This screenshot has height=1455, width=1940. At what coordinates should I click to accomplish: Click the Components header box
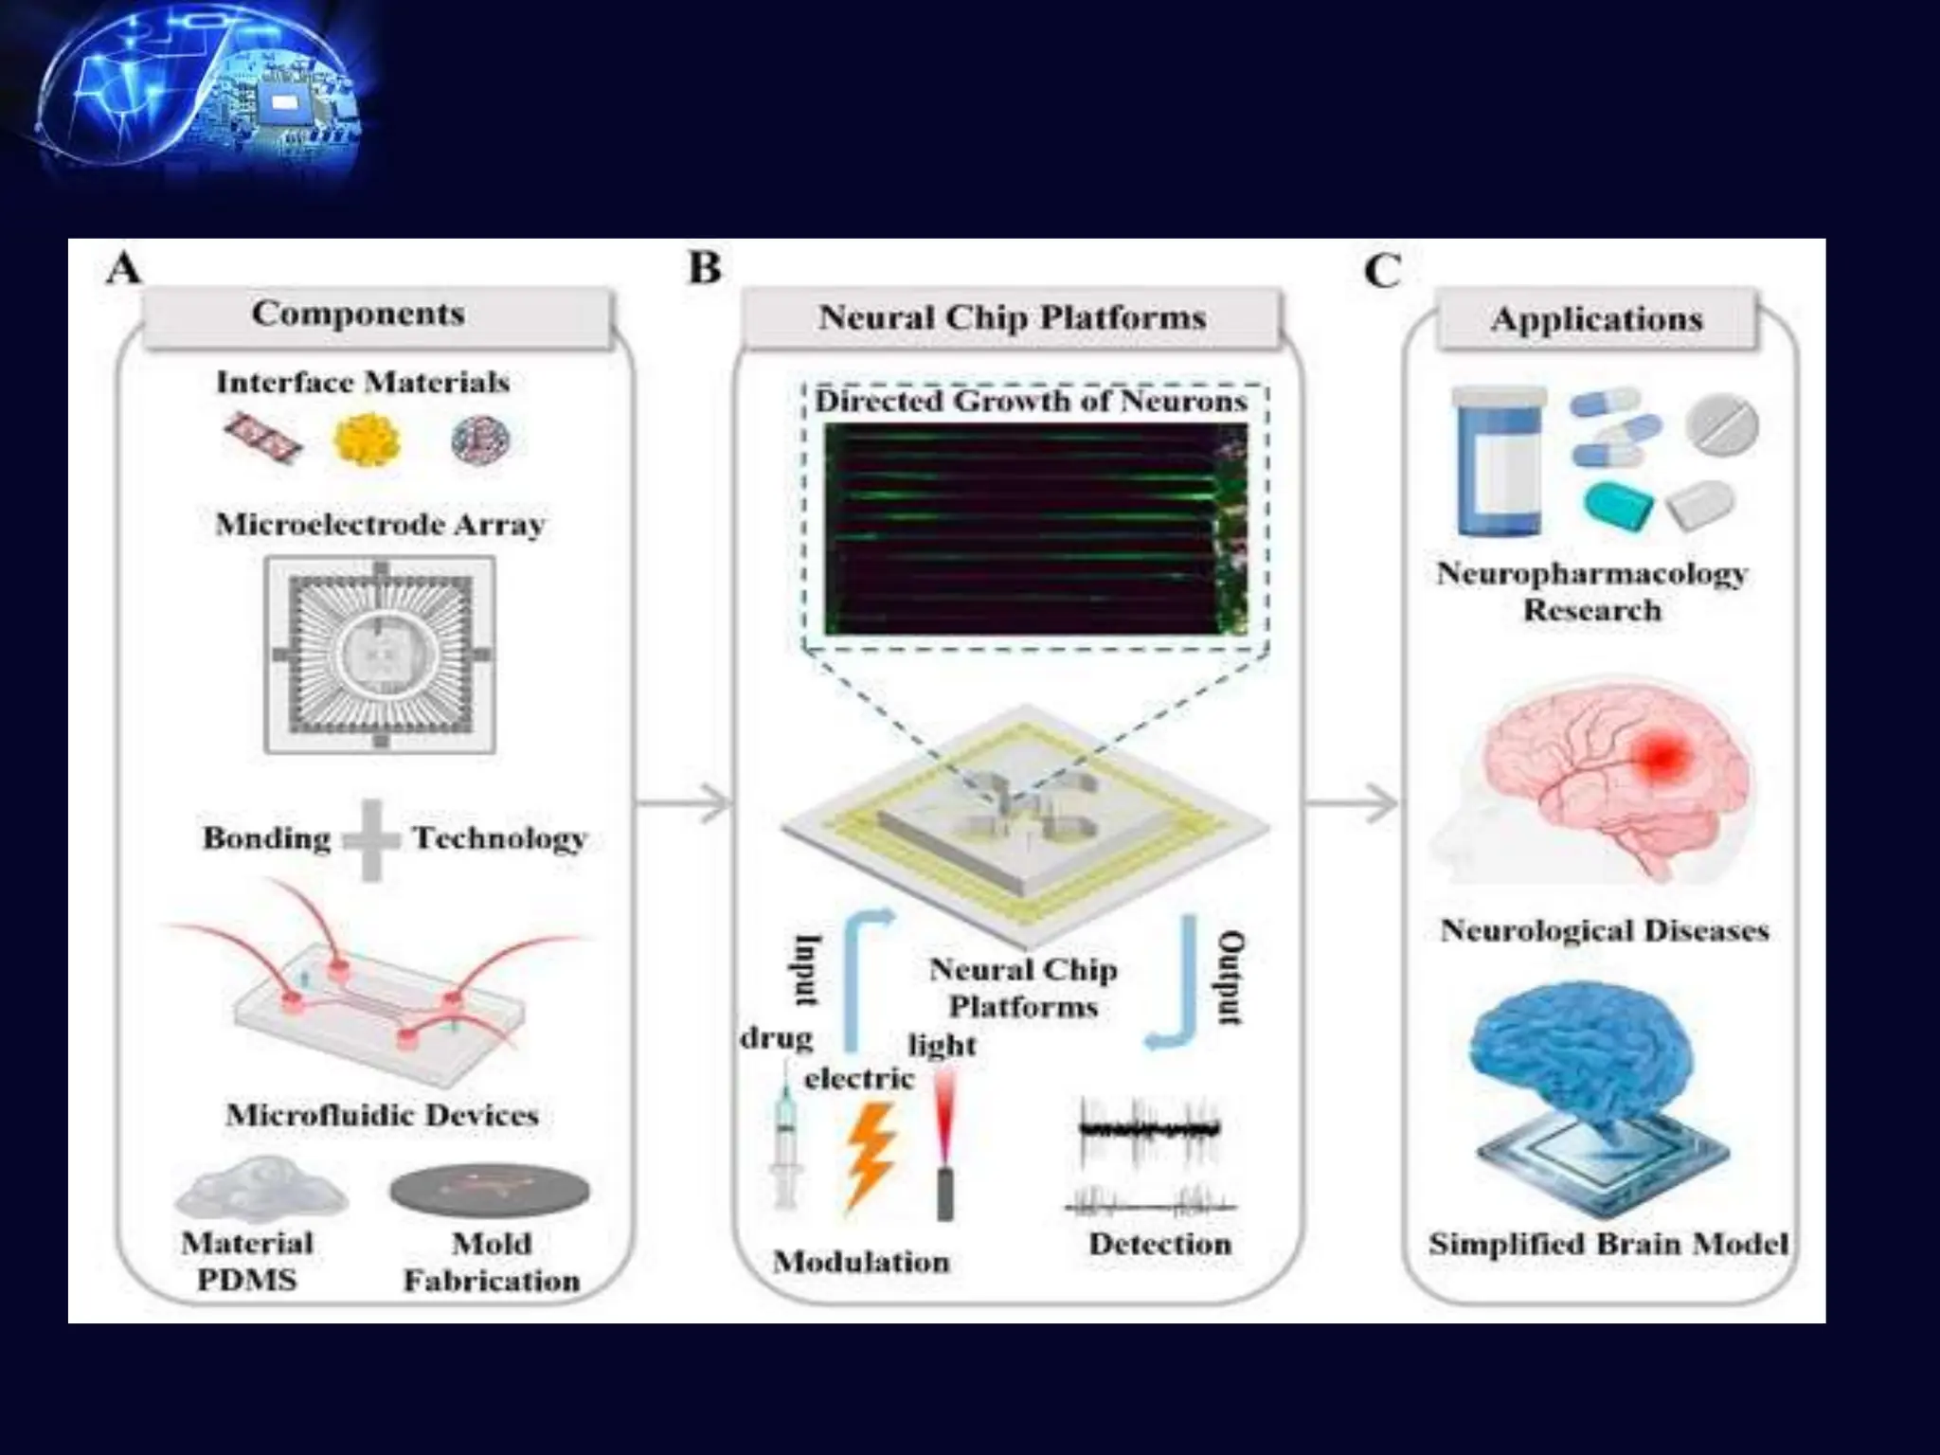click(377, 316)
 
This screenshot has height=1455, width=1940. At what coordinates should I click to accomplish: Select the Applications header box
click(1597, 320)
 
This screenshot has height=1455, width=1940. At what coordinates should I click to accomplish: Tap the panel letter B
click(705, 269)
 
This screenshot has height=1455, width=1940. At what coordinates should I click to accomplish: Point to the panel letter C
click(1382, 272)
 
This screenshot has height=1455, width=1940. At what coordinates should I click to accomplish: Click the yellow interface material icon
click(368, 440)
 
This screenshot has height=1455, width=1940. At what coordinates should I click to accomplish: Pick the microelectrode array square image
click(380, 655)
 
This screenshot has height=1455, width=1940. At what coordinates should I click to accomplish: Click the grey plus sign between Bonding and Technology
click(370, 839)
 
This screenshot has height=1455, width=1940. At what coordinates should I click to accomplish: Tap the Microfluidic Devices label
click(382, 1115)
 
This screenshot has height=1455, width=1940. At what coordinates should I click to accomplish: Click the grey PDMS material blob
click(260, 1190)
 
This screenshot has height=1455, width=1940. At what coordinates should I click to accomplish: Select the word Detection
click(1159, 1244)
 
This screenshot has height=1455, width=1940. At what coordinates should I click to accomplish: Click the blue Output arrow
click(1179, 985)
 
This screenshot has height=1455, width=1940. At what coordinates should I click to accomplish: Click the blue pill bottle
click(1499, 461)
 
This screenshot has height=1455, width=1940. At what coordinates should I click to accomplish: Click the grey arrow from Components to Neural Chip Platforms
click(684, 804)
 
